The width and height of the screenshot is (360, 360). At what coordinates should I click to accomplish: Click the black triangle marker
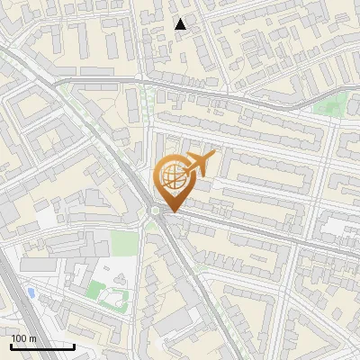point(181,24)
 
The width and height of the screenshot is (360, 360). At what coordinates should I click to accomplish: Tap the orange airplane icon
point(199,164)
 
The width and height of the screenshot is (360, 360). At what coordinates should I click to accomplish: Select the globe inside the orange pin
point(171,176)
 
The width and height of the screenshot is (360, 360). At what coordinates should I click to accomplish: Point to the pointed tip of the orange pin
point(171,211)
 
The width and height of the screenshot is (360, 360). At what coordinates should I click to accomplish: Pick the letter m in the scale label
point(31,338)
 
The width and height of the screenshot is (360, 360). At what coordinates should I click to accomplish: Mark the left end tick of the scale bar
point(11,346)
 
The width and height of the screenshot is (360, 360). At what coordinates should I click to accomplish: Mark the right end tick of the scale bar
point(75,346)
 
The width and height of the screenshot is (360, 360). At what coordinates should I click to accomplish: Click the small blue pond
point(32,293)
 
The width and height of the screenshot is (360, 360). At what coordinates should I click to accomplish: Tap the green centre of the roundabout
point(157,211)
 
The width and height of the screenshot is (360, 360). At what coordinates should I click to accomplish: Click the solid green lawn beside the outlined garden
point(94,289)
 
